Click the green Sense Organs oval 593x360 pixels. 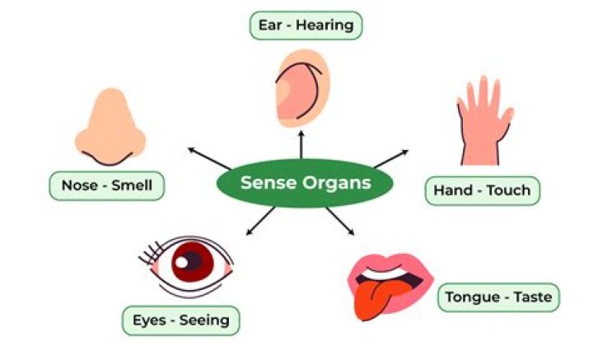pyautogui.click(x=305, y=183)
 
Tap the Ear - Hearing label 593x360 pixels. pyautogui.click(x=306, y=25)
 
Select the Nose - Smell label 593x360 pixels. pyautogui.click(x=106, y=185)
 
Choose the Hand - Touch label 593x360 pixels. pyautogui.click(x=483, y=191)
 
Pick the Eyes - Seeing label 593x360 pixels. pyautogui.click(x=180, y=320)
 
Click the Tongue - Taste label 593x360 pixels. pyautogui.click(x=498, y=296)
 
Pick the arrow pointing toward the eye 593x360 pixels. pyautogui.click(x=262, y=218)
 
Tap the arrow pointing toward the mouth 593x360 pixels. pyautogui.click(x=339, y=221)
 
